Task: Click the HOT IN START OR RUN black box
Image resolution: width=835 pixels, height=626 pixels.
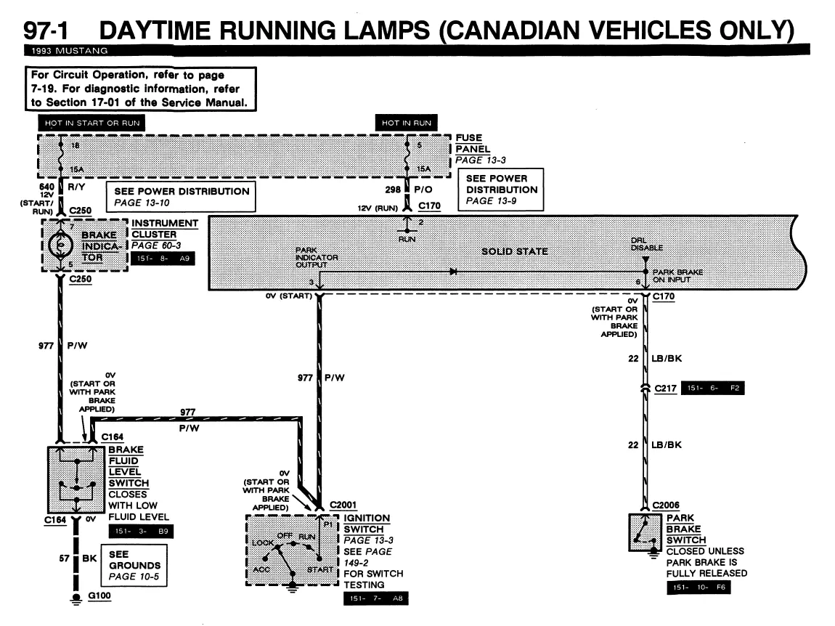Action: (x=91, y=123)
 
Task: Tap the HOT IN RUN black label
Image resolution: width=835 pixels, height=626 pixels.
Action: (x=407, y=123)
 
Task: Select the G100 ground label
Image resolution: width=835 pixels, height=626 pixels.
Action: (x=99, y=595)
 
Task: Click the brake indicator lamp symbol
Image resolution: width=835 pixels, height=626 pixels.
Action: (x=61, y=245)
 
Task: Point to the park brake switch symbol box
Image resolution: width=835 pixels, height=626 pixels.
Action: (x=645, y=532)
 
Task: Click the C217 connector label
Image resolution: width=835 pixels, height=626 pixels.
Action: (x=665, y=389)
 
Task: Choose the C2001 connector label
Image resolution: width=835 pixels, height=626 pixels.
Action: (x=343, y=505)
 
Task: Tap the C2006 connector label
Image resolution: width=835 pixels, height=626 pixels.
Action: (x=666, y=505)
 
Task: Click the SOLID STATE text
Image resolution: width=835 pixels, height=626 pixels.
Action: (x=514, y=251)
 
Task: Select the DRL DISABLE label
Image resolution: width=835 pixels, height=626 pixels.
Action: (x=646, y=244)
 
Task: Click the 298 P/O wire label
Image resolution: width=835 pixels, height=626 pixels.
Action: (x=409, y=189)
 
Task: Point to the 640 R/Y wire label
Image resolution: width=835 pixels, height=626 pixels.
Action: (x=62, y=187)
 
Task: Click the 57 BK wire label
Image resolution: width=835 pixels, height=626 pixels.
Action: (x=78, y=558)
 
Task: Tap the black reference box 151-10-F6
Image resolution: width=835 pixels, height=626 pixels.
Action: (x=698, y=587)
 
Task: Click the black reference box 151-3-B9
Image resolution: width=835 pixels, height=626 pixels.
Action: (x=141, y=531)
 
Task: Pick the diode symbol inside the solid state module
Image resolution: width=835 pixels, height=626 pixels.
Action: (x=453, y=272)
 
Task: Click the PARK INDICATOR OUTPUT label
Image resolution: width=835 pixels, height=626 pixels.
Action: (x=317, y=257)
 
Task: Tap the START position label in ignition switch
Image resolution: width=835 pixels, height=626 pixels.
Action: (x=320, y=569)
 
